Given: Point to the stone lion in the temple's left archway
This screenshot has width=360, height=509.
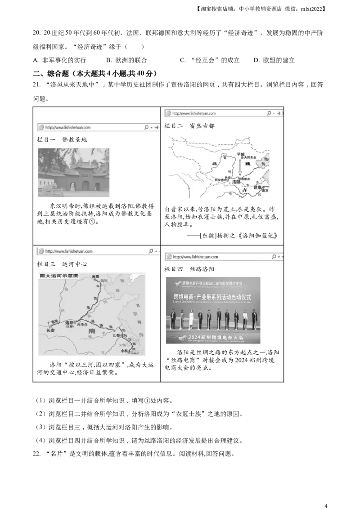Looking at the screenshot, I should [x=72, y=187].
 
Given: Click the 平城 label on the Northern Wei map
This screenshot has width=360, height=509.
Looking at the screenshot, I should [x=240, y=154].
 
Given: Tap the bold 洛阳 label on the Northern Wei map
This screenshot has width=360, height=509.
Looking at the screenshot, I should [x=236, y=182].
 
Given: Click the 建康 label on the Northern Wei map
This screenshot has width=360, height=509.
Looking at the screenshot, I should [x=258, y=187].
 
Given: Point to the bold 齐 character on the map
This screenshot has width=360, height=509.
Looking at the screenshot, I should [x=245, y=190].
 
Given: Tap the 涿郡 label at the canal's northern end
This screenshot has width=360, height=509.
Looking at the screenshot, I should [x=95, y=276].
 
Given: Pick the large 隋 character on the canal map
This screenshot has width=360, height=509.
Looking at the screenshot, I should [x=92, y=331].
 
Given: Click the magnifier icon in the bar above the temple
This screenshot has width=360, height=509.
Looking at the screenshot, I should [x=146, y=128].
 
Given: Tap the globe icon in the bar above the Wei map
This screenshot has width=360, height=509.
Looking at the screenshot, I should [x=168, y=113].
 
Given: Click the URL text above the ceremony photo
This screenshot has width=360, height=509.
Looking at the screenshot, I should [x=195, y=257].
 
